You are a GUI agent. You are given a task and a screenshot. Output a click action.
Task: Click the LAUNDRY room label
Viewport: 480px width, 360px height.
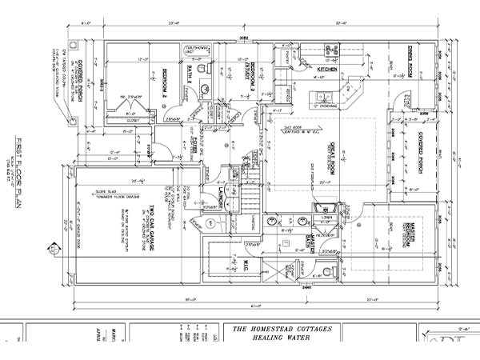coord(214,194)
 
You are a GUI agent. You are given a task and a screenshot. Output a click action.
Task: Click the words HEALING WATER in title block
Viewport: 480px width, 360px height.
coord(270,337)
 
